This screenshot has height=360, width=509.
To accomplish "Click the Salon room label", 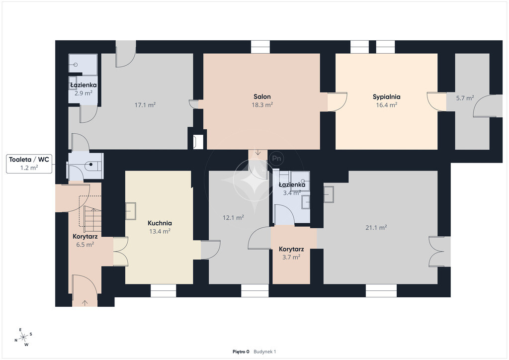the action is click(x=262, y=96).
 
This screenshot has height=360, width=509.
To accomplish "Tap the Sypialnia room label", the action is click(x=386, y=97).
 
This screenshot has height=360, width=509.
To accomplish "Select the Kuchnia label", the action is click(x=160, y=223).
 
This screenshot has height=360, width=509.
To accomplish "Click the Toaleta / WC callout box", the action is click(x=29, y=164).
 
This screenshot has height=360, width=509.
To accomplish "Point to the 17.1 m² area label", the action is click(x=145, y=105).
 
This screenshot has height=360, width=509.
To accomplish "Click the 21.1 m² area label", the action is click(x=376, y=228).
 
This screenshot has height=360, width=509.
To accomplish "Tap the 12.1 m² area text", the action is click(x=233, y=217).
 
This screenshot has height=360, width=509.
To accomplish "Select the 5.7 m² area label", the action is click(x=465, y=98).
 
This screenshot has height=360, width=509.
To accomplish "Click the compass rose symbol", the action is click(x=23, y=337).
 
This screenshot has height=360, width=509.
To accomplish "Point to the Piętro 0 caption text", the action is click(x=241, y=352).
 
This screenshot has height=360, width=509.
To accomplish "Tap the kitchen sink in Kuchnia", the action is click(x=131, y=211).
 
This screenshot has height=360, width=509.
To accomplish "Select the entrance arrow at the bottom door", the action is click(x=85, y=303).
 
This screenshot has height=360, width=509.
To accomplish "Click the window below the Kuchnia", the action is click(x=163, y=290).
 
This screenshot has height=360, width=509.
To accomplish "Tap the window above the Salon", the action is click(x=260, y=47).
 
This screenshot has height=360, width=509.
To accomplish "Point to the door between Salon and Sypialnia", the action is click(x=338, y=102).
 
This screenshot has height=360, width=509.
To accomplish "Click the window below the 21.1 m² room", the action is click(x=381, y=290).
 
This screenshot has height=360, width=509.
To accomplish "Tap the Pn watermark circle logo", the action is click(x=276, y=159).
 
